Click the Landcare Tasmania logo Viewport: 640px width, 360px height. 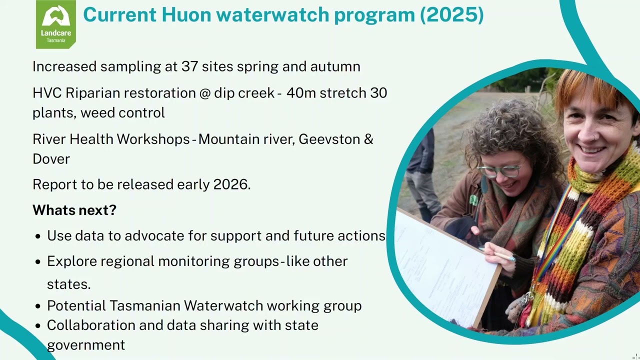click(x=55, y=24)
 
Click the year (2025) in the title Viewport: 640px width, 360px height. click(x=451, y=15)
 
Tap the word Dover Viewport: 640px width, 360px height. click(x=51, y=159)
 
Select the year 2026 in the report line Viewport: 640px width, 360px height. click(x=230, y=184)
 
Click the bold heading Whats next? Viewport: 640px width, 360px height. click(x=74, y=210)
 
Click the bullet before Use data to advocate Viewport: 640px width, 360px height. click(x=38, y=236)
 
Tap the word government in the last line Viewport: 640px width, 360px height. click(x=86, y=345)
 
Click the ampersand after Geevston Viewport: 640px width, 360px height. click(x=368, y=139)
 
